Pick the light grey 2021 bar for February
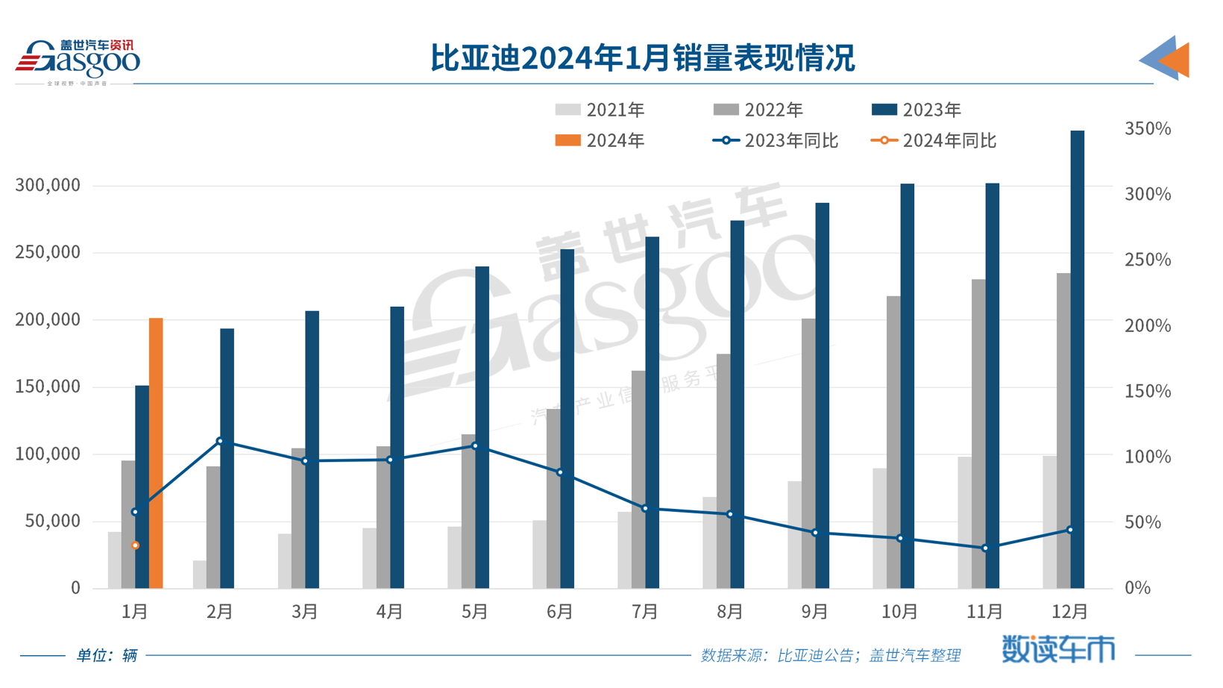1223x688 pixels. coord(199,575)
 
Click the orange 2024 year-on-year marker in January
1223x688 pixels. coord(135,545)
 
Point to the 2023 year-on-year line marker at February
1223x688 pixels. coord(220,441)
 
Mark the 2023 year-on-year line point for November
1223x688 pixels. coord(985,548)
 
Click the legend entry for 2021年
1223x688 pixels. coord(600,110)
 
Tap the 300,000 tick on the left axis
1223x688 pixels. coord(48,186)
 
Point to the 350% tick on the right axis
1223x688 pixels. coord(1148,129)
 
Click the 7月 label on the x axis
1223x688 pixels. coord(645,612)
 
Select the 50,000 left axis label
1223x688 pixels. coord(52,521)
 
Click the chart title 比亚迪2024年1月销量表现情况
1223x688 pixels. coord(642,58)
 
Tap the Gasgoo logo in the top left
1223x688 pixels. coord(78,60)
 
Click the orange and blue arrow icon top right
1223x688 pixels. coord(1165,58)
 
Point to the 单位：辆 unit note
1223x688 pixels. coord(107,656)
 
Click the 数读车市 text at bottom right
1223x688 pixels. coord(1058,649)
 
